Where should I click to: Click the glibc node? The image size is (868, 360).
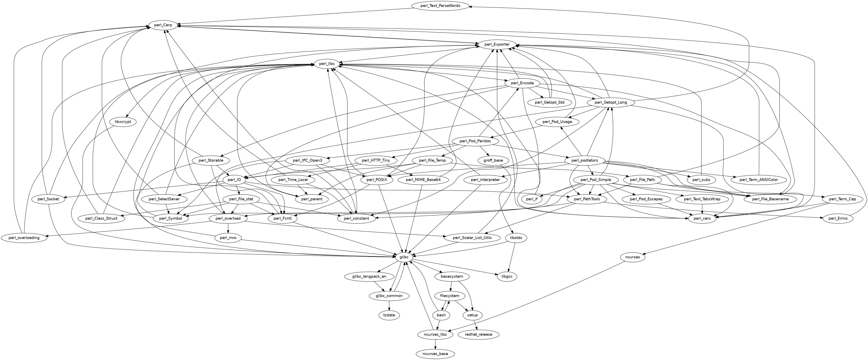404,257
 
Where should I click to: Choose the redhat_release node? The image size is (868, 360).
478,334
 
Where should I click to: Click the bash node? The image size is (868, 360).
441,315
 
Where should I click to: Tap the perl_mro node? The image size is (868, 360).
228,238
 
